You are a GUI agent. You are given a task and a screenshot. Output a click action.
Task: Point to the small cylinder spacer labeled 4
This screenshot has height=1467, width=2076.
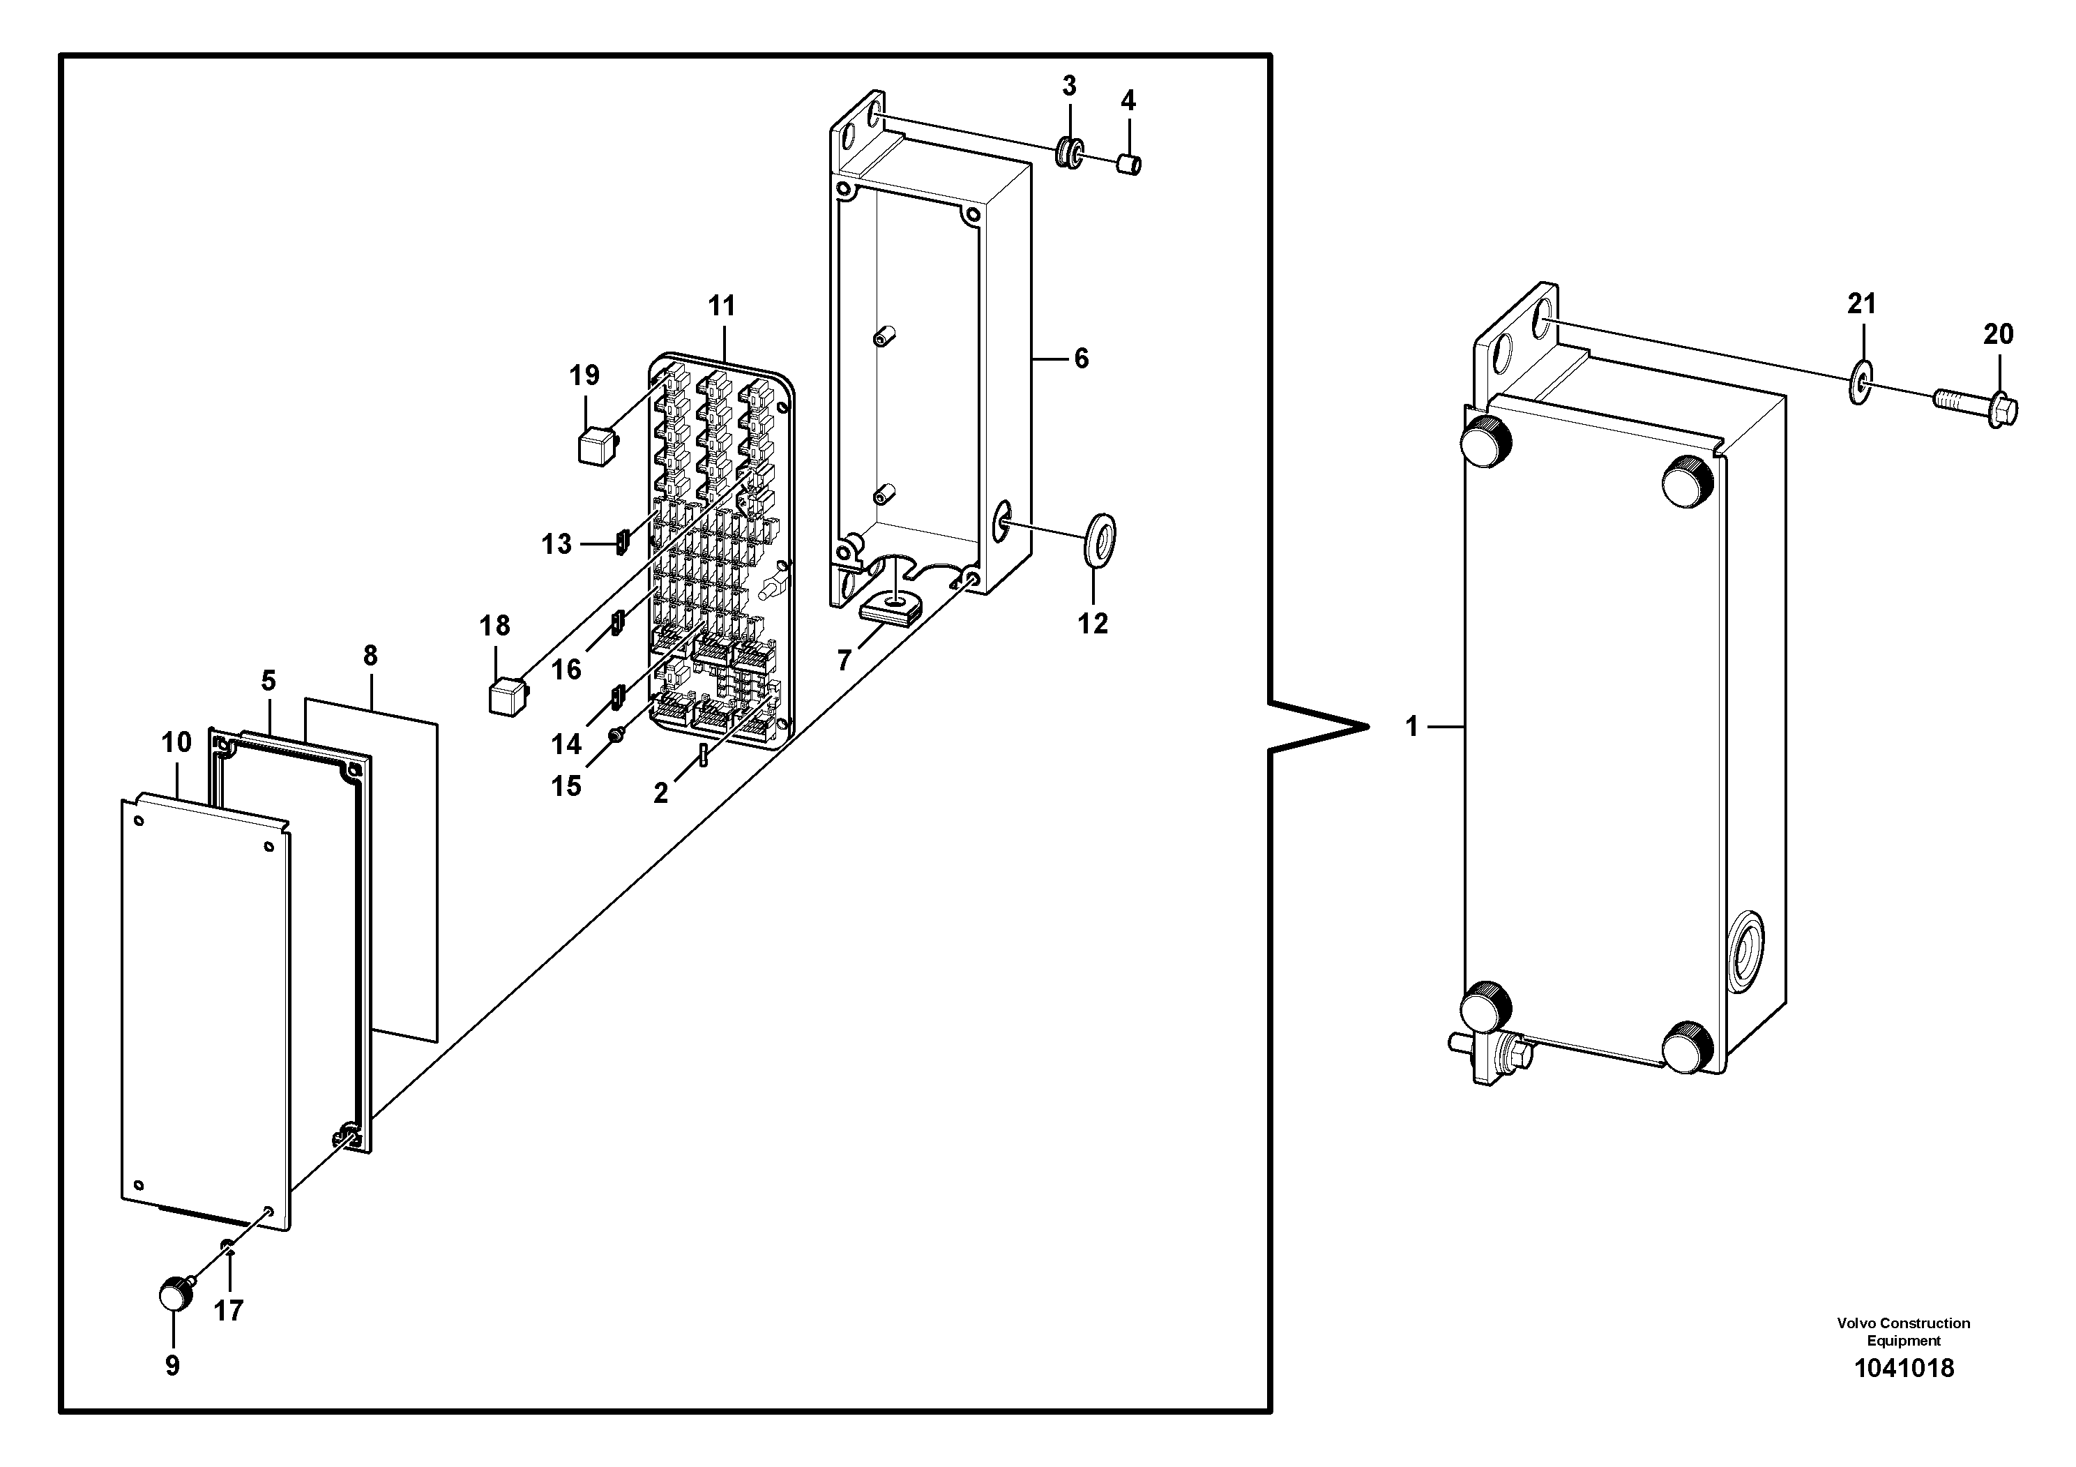point(1129,165)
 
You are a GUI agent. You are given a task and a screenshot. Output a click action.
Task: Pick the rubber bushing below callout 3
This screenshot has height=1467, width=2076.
point(1070,152)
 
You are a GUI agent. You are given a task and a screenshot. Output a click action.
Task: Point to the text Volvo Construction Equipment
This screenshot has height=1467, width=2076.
point(1903,1332)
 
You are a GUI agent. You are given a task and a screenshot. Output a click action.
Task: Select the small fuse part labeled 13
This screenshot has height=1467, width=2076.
point(621,543)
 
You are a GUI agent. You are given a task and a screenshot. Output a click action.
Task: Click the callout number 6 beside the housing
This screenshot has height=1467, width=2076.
point(1082,359)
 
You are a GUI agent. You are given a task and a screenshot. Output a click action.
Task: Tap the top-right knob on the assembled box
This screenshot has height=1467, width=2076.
point(1688,480)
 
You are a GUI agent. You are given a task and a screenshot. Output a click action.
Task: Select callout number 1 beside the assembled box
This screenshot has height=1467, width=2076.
point(1412,726)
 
